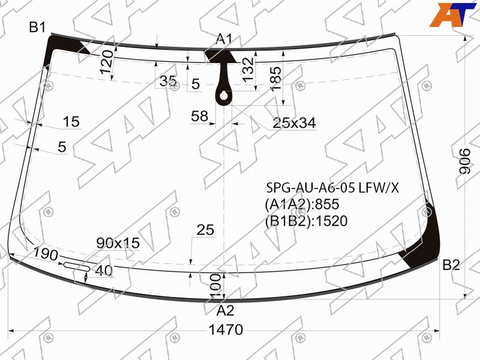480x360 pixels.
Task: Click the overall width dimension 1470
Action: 226,330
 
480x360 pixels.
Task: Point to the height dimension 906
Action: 465,161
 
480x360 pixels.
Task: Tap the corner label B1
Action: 37,27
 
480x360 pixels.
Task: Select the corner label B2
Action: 451,265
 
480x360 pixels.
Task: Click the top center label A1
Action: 224,39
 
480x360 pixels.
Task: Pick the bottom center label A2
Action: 225,311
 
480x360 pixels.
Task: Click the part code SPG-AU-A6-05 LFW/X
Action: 333,188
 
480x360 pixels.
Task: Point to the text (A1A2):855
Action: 302,204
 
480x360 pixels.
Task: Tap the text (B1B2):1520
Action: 306,221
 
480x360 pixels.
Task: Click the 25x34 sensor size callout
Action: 294,123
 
